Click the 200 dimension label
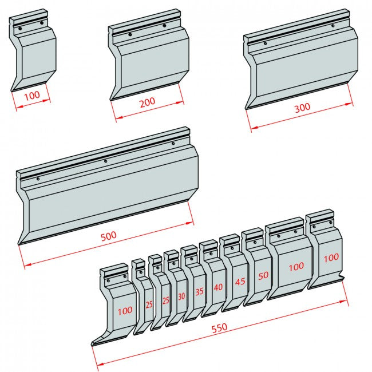pyautogui.click(x=147, y=103)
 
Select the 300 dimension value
pyautogui.click(x=302, y=108)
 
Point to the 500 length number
pyautogui.click(x=109, y=235)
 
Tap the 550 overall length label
pyautogui.click(x=219, y=327)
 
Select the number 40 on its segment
pyautogui.click(x=218, y=287)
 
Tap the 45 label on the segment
pyautogui.click(x=240, y=282)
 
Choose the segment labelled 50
pyautogui.click(x=263, y=275)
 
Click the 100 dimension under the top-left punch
pyautogui.click(x=33, y=95)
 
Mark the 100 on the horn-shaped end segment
pyautogui.click(x=124, y=311)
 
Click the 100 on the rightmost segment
pyautogui.click(x=330, y=258)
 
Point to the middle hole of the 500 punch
pyautogui.click(x=105, y=161)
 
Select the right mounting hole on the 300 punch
pyautogui.click(x=333, y=25)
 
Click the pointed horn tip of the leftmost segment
pyautogui.click(x=93, y=345)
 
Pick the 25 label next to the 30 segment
pyautogui.click(x=165, y=300)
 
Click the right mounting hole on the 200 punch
pyautogui.click(x=164, y=25)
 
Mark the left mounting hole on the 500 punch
pyautogui.click(x=38, y=179)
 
